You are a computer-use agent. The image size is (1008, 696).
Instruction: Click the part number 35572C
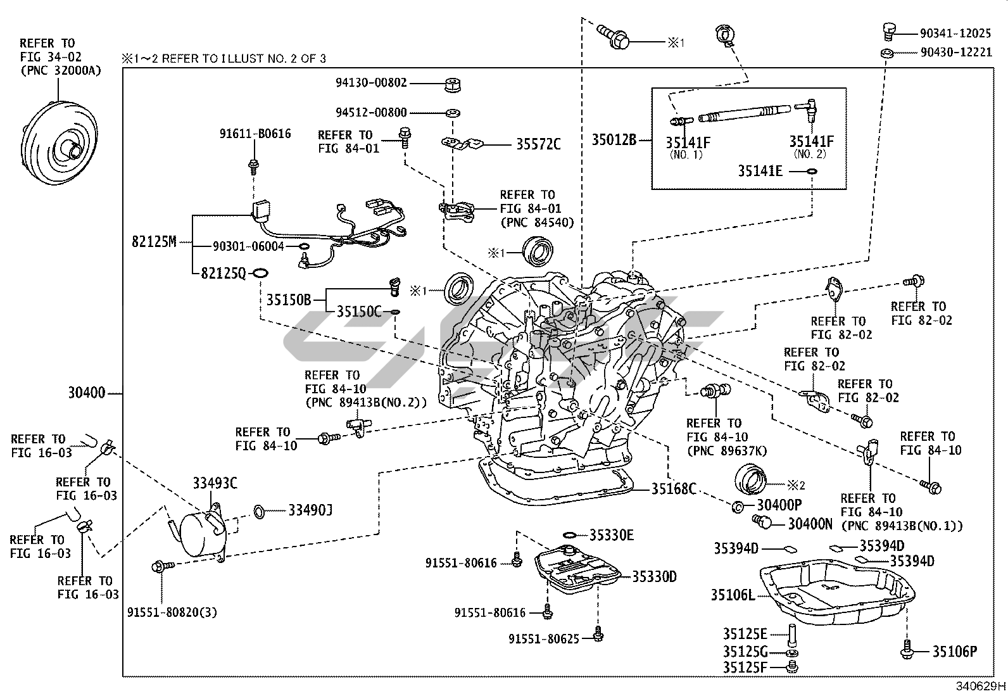point(538,144)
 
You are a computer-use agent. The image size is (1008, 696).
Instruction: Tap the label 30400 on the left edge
point(87,393)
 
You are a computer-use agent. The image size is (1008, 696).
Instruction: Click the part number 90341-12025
point(955,32)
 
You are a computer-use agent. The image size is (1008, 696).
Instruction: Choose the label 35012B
point(614,139)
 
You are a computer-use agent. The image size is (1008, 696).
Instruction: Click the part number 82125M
point(153,241)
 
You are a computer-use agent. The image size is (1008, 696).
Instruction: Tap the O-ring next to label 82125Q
point(260,273)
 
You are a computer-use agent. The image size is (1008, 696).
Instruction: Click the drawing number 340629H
point(980,687)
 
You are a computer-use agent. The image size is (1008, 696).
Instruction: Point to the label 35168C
point(674,488)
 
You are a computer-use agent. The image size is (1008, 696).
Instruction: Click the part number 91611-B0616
point(255,134)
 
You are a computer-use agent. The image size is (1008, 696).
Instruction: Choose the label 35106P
point(954,651)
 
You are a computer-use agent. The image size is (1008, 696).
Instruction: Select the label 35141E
point(760,171)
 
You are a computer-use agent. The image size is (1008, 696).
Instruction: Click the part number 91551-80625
point(543,639)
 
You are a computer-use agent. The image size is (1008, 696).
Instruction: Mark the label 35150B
point(288,300)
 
